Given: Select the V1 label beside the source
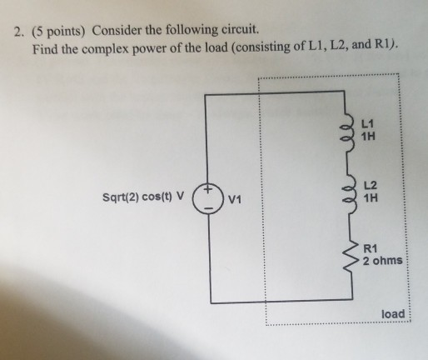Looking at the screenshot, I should point(236,200).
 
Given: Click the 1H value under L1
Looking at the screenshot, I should point(371,136).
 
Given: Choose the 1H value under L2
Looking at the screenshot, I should point(372,198).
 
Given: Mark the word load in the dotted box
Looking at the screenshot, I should point(392,313).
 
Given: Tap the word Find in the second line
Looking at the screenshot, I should point(46,51).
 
